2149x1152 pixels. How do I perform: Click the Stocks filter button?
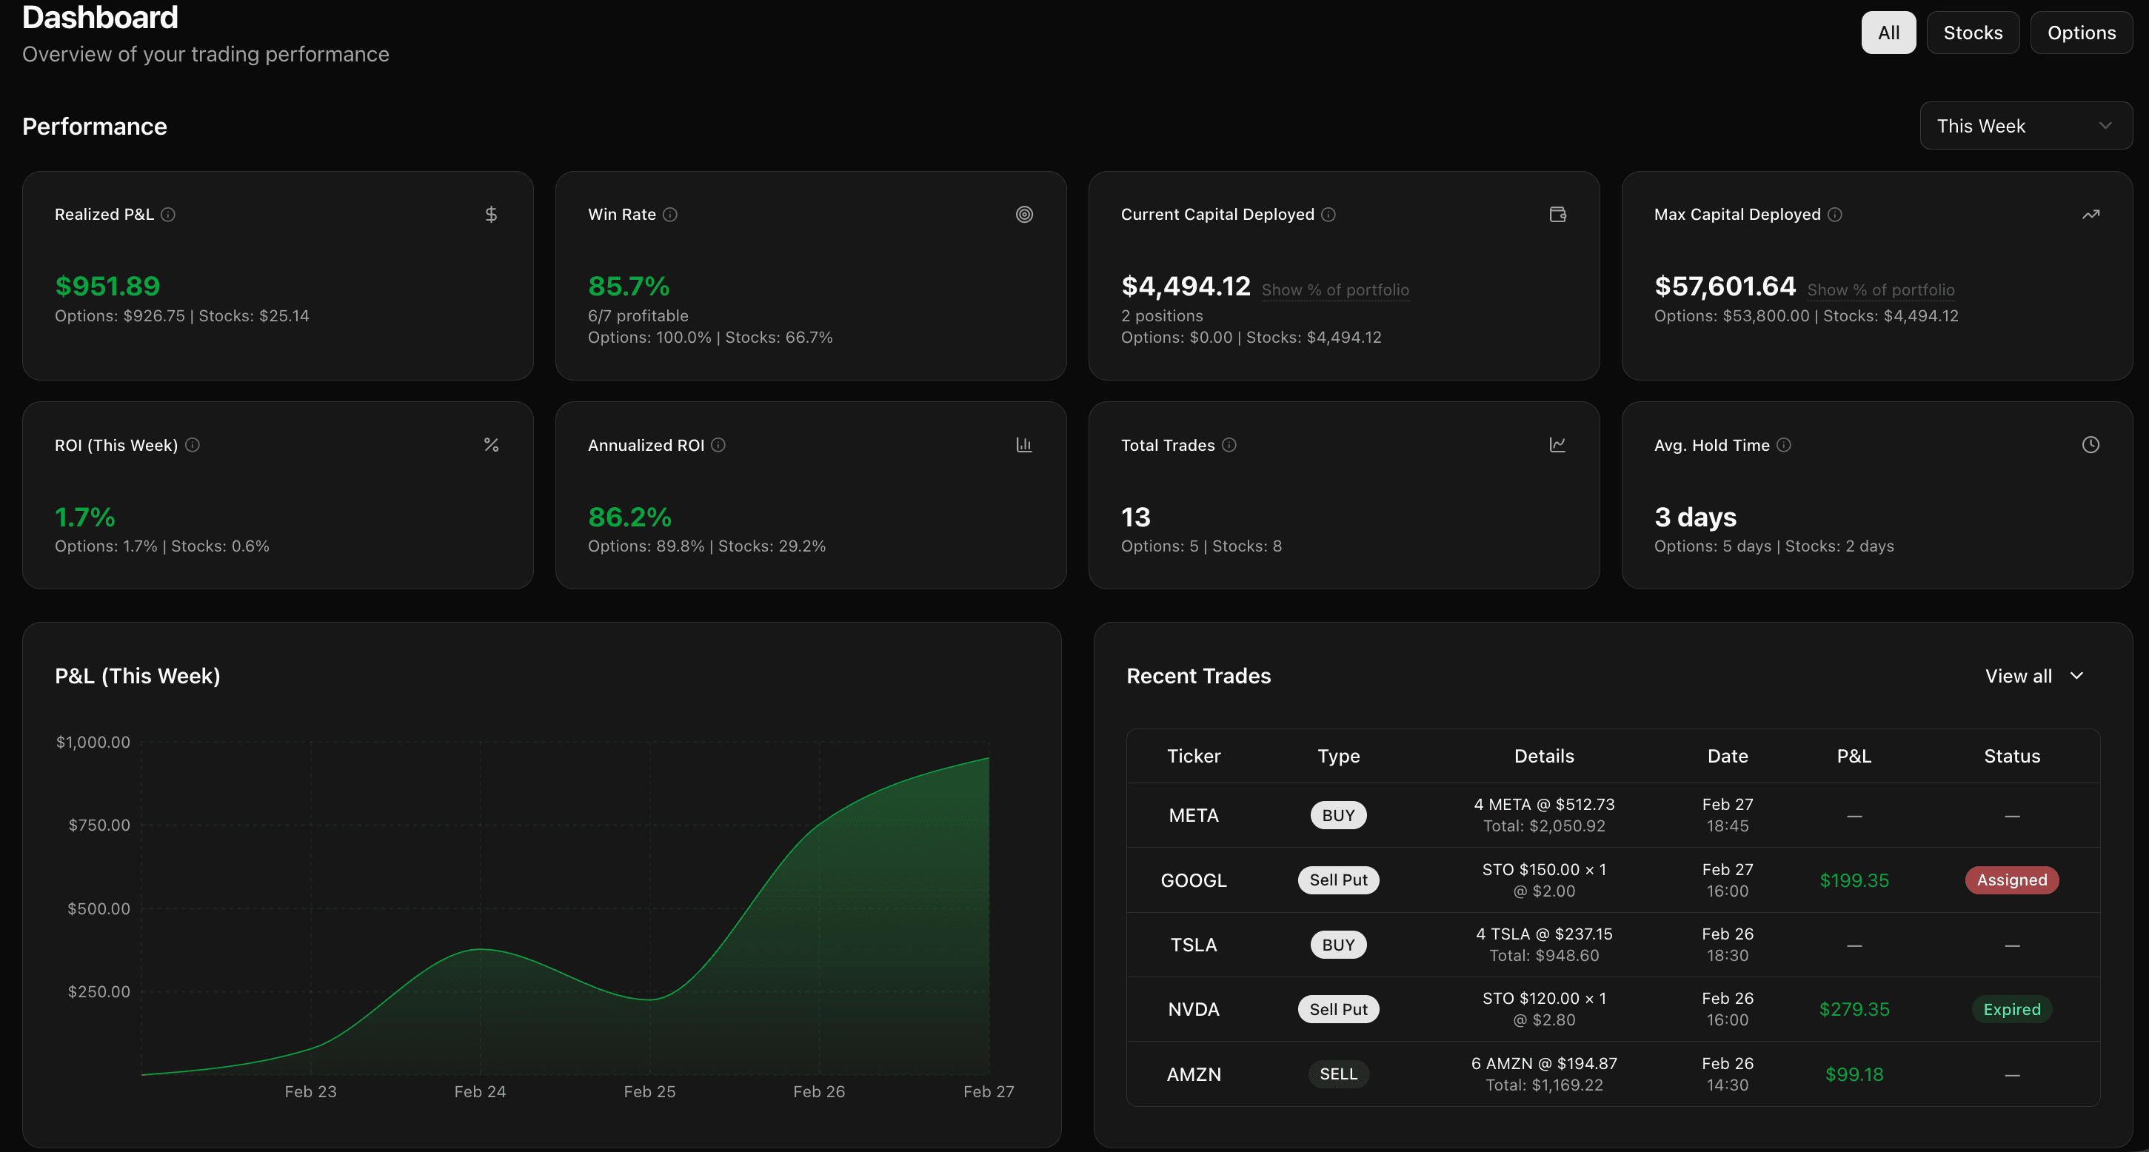click(1972, 33)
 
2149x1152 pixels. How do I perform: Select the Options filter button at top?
click(2081, 33)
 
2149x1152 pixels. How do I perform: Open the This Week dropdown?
click(2025, 126)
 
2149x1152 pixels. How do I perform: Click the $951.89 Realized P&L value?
click(107, 286)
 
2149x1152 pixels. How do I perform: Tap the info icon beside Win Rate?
click(670, 215)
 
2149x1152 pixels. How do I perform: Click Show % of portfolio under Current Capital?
click(1334, 289)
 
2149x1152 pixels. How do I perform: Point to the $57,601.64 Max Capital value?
click(1725, 286)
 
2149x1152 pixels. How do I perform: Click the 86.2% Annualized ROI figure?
click(630, 518)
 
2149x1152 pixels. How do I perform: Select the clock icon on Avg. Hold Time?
click(2090, 445)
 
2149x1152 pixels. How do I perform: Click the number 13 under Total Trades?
click(1135, 518)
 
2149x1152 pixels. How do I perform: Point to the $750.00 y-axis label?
click(99, 825)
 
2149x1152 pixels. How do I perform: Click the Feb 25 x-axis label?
click(649, 1091)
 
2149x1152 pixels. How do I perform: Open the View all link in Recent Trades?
click(2033, 676)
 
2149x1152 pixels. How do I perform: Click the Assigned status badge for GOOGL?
click(2011, 880)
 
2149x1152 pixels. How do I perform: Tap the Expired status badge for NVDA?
click(2011, 1009)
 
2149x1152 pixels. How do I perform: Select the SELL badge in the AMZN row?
click(1338, 1074)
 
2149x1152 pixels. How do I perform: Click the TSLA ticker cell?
click(1193, 945)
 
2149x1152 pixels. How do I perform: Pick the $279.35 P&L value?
click(1854, 1009)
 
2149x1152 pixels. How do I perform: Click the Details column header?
click(1543, 756)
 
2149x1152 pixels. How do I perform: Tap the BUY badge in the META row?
click(1338, 815)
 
